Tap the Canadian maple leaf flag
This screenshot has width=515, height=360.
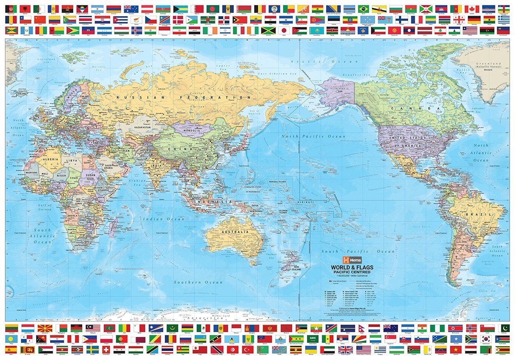[x=472, y=9]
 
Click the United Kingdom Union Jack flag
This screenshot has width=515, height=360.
[x=345, y=350]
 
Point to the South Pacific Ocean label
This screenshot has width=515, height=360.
[x=358, y=251]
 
